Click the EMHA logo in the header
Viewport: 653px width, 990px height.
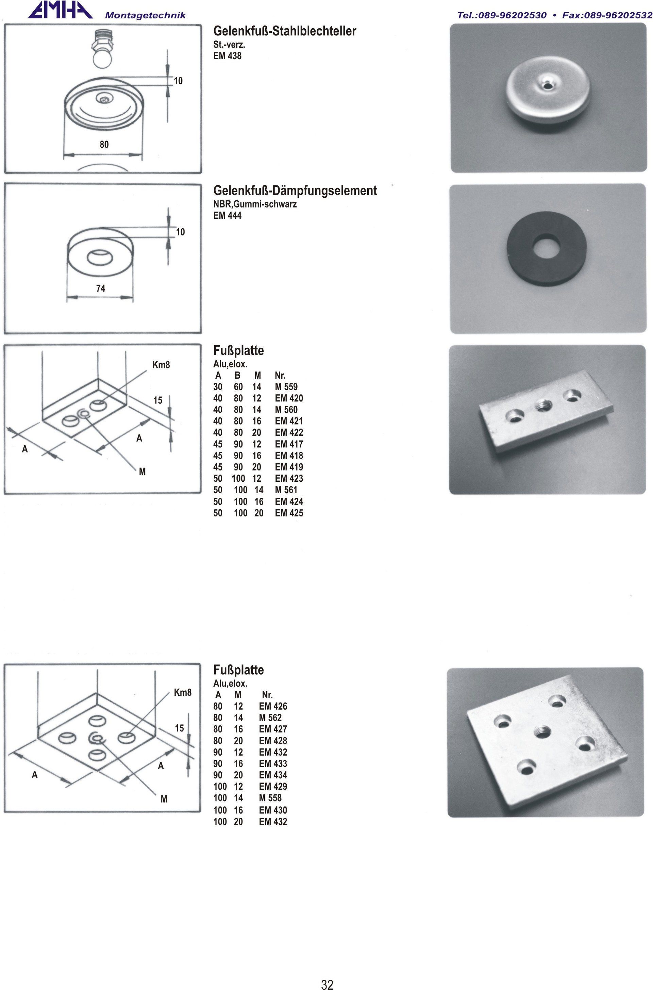coord(61,10)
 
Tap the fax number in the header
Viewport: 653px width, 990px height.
coord(607,15)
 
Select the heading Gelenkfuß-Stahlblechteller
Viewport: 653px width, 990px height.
coord(285,31)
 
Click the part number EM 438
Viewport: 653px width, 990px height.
coord(228,55)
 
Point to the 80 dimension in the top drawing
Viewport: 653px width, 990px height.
coord(104,144)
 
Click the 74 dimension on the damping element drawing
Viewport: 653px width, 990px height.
coord(101,288)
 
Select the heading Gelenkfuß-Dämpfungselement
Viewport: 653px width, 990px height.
coord(295,191)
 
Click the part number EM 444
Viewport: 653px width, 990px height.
coord(228,215)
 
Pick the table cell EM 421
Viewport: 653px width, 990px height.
coord(289,421)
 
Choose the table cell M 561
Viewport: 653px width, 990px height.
coord(286,490)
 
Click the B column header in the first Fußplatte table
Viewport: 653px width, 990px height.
coord(237,375)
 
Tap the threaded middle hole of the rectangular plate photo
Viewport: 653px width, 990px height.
coord(543,405)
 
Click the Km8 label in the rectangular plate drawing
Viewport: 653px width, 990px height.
coord(161,365)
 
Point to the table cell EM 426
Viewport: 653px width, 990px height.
coord(273,706)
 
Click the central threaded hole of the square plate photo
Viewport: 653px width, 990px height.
coord(542,730)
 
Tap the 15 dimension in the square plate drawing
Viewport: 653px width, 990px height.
coord(179,728)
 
